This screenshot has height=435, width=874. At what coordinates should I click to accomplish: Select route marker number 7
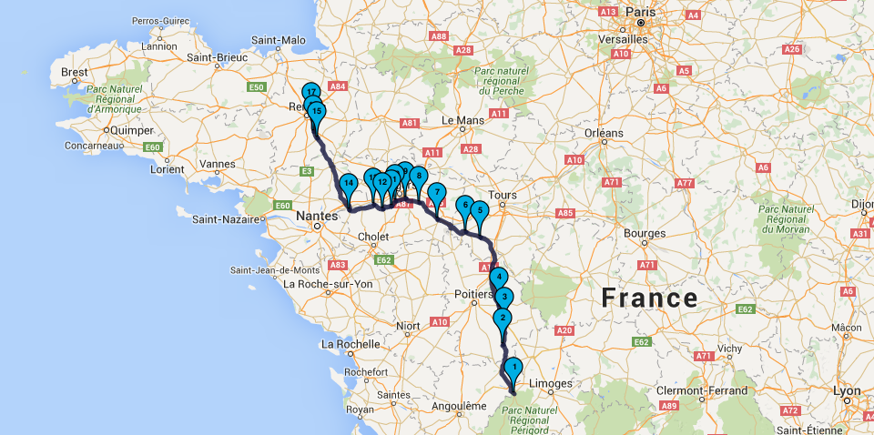tap(436, 193)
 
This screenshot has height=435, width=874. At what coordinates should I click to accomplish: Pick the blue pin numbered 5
tap(480, 209)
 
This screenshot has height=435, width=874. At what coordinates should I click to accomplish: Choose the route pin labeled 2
tap(502, 318)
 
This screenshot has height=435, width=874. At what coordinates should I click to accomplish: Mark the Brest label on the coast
tap(75, 72)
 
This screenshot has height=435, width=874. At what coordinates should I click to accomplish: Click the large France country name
tap(649, 298)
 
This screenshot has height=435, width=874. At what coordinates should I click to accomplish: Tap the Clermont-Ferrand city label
tap(699, 390)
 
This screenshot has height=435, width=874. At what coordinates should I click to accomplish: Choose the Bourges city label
tap(645, 233)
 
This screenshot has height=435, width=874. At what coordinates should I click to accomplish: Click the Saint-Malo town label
tap(279, 40)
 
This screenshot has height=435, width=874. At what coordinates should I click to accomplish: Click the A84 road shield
tap(339, 86)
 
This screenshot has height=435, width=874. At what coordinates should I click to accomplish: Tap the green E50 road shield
tap(257, 87)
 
